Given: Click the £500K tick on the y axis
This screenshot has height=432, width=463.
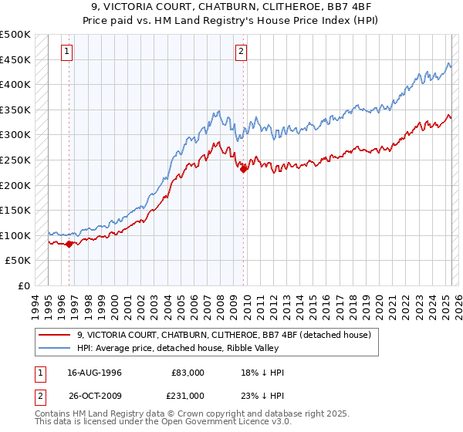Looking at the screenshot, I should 15,35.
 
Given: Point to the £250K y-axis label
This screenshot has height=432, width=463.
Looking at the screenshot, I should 15,160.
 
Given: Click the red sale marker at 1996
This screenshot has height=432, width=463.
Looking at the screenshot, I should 69,244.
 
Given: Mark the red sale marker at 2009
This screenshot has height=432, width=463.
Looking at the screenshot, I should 243,170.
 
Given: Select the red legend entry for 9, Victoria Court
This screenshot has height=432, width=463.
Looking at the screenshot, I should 225,335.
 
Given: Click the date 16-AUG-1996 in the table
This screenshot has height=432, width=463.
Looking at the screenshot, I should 94,373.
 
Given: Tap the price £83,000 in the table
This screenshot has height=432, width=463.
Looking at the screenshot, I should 188,373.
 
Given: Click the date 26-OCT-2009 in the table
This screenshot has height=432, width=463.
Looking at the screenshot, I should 94,394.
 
